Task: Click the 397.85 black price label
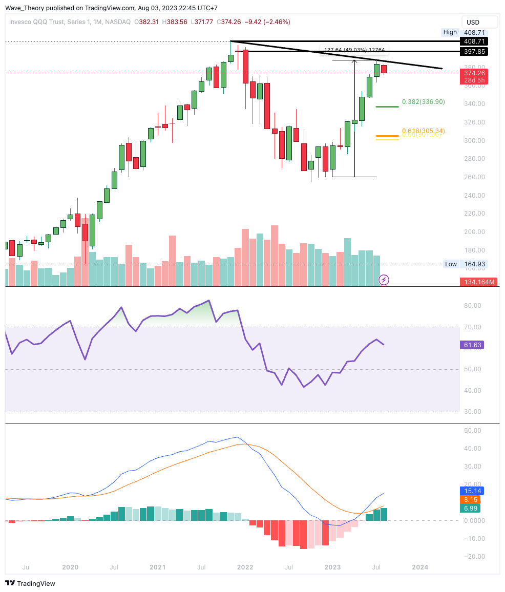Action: pyautogui.click(x=474, y=51)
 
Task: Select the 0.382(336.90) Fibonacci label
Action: pyautogui.click(x=423, y=102)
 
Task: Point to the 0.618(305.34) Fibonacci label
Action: pyautogui.click(x=423, y=131)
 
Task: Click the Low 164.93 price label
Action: pyautogui.click(x=465, y=264)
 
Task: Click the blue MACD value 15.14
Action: pyautogui.click(x=470, y=491)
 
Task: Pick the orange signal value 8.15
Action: pyautogui.click(x=470, y=500)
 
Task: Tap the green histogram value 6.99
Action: pyautogui.click(x=470, y=508)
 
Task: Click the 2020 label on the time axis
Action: pyautogui.click(x=70, y=567)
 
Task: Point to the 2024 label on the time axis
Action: pyautogui.click(x=420, y=567)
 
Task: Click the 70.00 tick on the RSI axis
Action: pyautogui.click(x=473, y=327)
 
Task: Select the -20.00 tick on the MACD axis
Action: pyautogui.click(x=472, y=557)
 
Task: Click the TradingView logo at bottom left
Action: pyautogui.click(x=30, y=583)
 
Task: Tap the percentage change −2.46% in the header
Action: pyautogui.click(x=275, y=22)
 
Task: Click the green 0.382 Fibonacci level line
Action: pyautogui.click(x=387, y=107)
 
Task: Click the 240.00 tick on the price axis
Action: pyautogui.click(x=474, y=195)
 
